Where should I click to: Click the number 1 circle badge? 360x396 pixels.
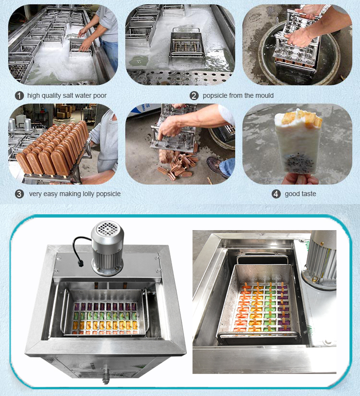point(19,95)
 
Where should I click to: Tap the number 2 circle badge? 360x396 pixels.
point(194,95)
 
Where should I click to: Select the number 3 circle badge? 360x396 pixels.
point(19,194)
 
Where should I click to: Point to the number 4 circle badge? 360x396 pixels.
point(276,194)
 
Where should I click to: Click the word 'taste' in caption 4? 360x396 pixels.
point(307,194)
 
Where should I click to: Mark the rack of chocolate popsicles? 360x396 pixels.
point(53,149)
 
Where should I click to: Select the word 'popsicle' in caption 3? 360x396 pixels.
point(108,194)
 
